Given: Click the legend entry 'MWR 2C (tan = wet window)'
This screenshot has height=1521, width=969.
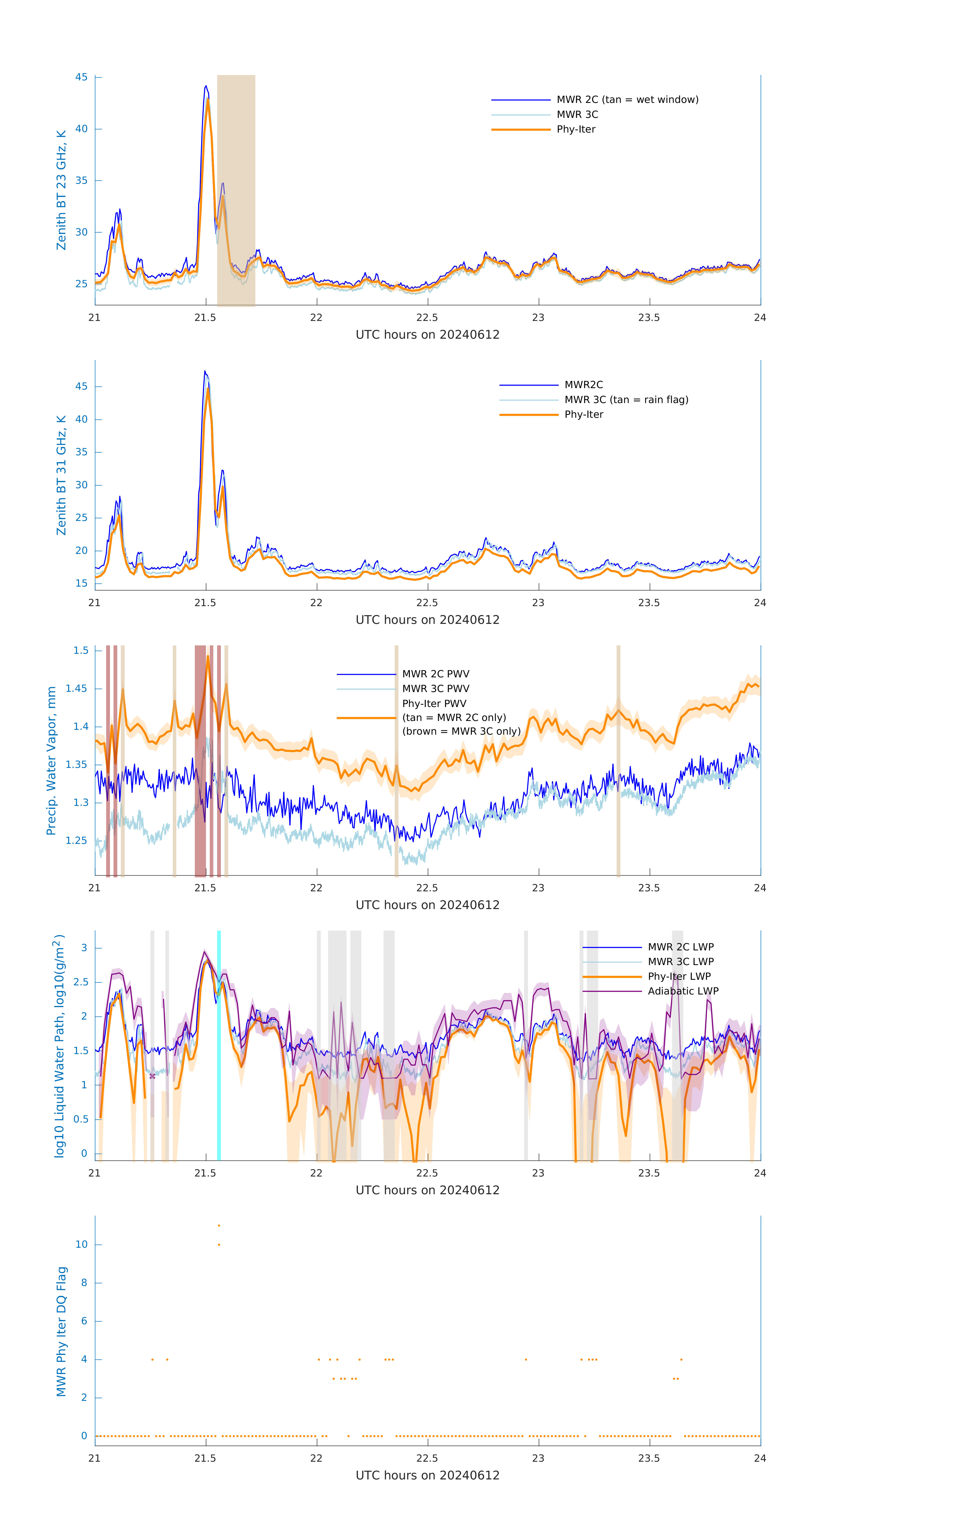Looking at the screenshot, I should point(627,100).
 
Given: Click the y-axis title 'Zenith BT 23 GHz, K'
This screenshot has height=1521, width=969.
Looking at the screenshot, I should point(61,190).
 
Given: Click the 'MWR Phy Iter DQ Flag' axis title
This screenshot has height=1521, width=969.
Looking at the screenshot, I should point(61,1331).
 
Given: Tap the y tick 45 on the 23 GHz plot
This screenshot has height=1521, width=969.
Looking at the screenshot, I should point(81,77).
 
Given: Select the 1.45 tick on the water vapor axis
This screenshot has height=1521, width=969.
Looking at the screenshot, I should point(77,689).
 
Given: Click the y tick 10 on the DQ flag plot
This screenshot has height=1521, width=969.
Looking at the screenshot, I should point(81,1244).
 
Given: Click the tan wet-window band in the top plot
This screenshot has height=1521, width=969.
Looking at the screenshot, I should point(236,190).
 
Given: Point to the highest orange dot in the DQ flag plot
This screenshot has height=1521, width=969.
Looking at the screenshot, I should point(219,1225).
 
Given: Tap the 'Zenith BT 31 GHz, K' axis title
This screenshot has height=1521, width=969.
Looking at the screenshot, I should point(61,475).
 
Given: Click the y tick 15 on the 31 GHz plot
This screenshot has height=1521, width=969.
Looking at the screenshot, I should point(81,583).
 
